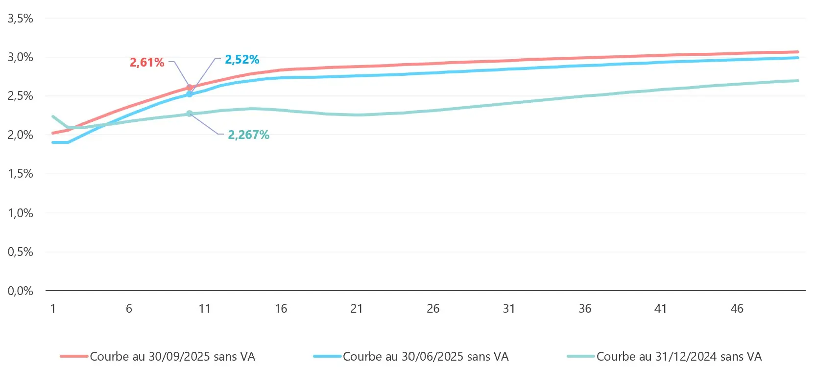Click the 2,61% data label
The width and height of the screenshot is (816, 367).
coord(146,63)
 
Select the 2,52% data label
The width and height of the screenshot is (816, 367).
coord(242,60)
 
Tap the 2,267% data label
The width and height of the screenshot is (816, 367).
coord(248,135)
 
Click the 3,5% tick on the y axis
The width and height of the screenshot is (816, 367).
coord(21,19)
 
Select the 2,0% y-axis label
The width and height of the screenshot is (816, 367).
coord(21,135)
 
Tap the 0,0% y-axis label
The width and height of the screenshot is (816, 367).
coord(21,291)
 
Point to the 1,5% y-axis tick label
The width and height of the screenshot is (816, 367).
coord(21,174)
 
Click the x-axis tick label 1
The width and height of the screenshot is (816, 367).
coord(53,309)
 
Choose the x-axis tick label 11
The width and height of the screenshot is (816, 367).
coord(205,309)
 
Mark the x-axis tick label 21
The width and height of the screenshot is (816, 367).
coord(357,309)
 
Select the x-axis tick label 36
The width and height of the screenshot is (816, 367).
coord(585,309)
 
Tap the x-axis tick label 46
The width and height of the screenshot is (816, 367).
coord(737,309)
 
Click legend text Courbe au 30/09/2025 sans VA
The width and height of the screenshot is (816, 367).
coord(172,357)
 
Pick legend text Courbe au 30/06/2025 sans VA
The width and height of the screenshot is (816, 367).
coord(426,357)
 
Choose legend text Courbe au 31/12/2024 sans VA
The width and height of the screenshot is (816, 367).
coord(679,357)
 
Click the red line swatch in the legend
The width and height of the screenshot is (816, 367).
coord(74,357)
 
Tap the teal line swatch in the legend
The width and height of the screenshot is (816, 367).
coord(581,357)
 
